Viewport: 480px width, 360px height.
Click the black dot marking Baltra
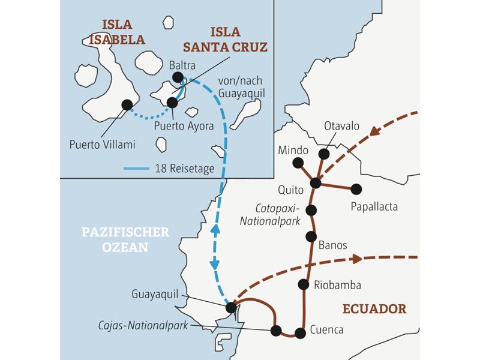click(178, 77)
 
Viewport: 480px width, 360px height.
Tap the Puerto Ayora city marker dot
click(172, 103)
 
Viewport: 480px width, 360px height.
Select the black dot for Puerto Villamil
click(127, 105)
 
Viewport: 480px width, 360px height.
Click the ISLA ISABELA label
click(117, 32)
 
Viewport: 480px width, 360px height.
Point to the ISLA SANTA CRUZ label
click(234, 39)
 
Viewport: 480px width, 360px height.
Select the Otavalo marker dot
click(324, 154)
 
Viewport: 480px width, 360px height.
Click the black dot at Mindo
click(298, 163)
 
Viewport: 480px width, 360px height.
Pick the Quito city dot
click(316, 182)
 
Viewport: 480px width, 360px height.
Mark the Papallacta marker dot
click(356, 189)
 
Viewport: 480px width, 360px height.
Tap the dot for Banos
click(311, 236)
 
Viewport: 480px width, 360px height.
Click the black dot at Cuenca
click(301, 333)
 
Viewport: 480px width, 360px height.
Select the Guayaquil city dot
click(231, 308)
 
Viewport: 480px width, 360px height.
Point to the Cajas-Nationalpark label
click(143, 325)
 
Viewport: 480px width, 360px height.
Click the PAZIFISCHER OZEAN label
click(125, 239)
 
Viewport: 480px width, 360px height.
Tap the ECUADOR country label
click(374, 309)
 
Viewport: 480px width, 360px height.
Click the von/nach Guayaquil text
click(241, 87)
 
